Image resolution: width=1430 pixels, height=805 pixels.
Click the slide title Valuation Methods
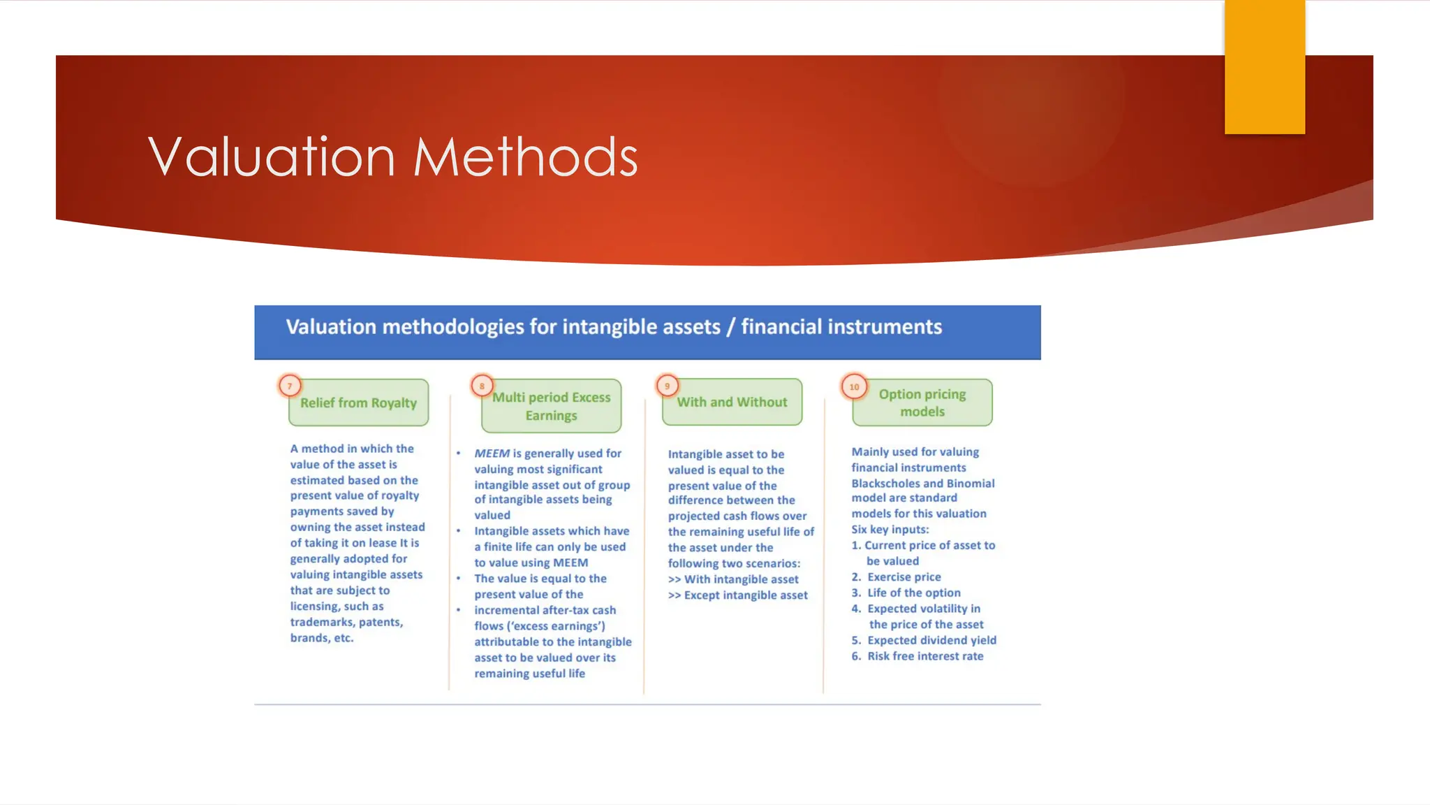393,157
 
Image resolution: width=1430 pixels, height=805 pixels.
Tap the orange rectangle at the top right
1265,66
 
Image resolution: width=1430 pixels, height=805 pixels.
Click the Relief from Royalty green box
358,403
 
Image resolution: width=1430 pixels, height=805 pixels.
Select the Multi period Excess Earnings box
551,407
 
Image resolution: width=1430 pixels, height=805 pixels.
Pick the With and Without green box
732,402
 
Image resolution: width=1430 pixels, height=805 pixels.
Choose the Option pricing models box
922,403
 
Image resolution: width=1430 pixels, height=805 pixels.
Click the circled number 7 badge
290,386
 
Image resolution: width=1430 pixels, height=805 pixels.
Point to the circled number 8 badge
482,386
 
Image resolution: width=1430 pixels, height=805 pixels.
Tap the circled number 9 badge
667,386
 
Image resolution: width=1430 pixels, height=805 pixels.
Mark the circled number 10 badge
854,386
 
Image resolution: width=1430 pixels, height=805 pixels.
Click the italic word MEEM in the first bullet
492,454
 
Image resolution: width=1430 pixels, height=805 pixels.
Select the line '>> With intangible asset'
733,579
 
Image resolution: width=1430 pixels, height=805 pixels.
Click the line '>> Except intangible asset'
737,595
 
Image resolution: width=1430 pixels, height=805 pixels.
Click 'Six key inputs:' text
890,530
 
